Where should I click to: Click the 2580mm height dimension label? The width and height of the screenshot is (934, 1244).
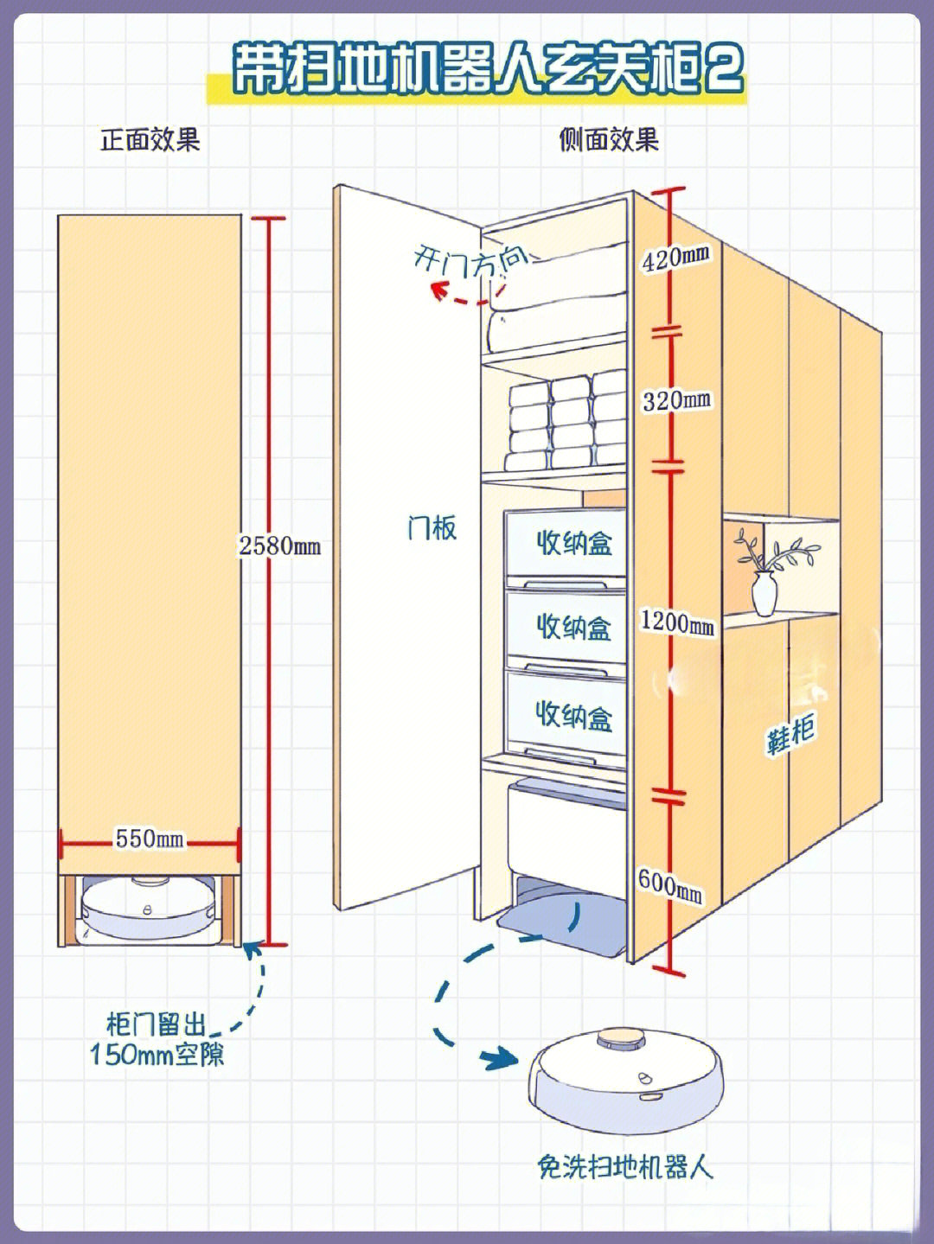click(279, 546)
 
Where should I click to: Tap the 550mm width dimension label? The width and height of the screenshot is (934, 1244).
click(149, 839)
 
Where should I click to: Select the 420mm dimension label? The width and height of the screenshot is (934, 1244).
click(675, 258)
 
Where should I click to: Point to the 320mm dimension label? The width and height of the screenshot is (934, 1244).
click(676, 400)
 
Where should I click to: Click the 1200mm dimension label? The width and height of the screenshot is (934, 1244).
click(677, 622)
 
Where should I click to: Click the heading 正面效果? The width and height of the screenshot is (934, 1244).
click(150, 139)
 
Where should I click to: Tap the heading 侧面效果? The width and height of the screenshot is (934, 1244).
click(609, 139)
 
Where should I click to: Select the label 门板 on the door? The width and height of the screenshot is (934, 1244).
click(432, 528)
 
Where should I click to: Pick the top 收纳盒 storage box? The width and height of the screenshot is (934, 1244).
click(566, 544)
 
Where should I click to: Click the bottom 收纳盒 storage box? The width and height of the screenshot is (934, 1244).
click(566, 717)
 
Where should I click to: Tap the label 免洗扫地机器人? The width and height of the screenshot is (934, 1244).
click(625, 1167)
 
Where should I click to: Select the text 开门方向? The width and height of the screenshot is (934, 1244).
click(470, 259)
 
